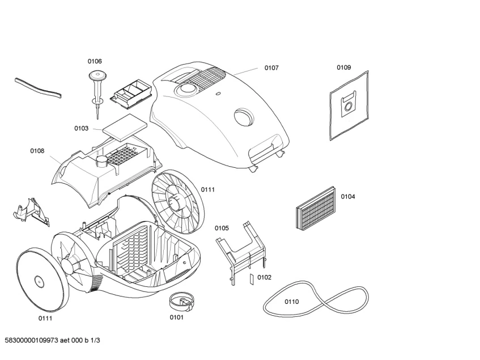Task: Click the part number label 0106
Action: (x=95, y=61)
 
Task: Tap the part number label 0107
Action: (x=271, y=67)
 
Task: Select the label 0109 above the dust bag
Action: (x=343, y=67)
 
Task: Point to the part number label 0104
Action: (x=348, y=197)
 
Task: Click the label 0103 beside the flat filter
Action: (x=81, y=129)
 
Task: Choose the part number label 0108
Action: (x=37, y=151)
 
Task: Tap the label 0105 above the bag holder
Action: (x=222, y=228)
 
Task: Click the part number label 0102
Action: (x=264, y=277)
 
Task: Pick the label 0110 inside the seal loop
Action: (x=291, y=302)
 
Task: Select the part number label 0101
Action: (x=176, y=317)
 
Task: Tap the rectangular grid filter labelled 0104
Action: (x=316, y=207)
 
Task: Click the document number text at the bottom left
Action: (x=52, y=340)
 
